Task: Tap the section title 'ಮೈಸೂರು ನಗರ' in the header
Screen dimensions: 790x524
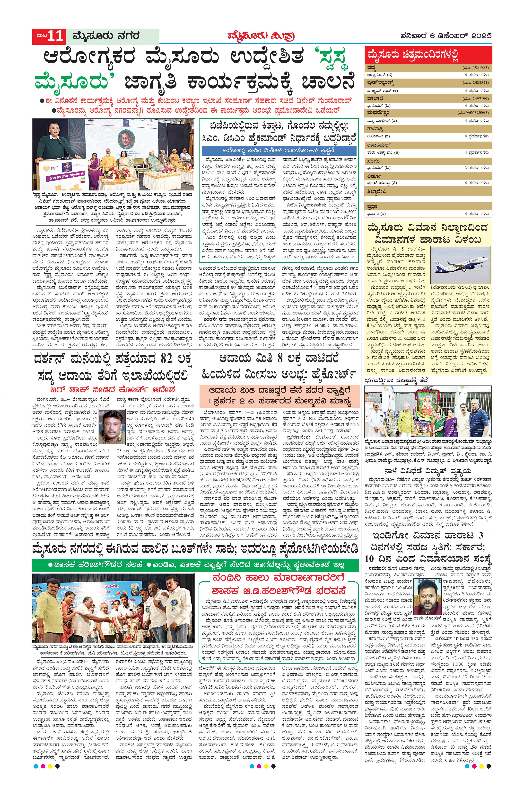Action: point(103,36)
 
